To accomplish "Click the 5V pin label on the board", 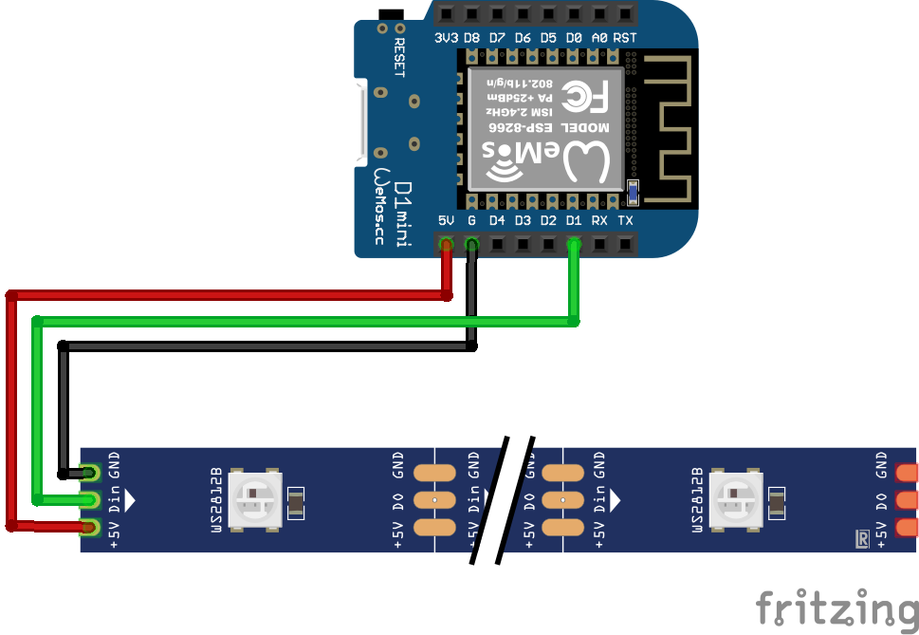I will (446, 220).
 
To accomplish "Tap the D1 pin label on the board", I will (573, 220).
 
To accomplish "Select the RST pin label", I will (625, 38).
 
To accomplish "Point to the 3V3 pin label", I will (446, 38).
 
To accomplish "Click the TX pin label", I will (625, 220).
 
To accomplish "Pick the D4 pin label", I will (497, 220).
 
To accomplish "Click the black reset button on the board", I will (387, 15).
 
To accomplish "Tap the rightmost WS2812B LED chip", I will (738, 498).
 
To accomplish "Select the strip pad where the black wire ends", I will (91, 472).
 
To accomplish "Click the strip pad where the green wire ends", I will (91, 498).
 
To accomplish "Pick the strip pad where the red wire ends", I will (91, 526).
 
